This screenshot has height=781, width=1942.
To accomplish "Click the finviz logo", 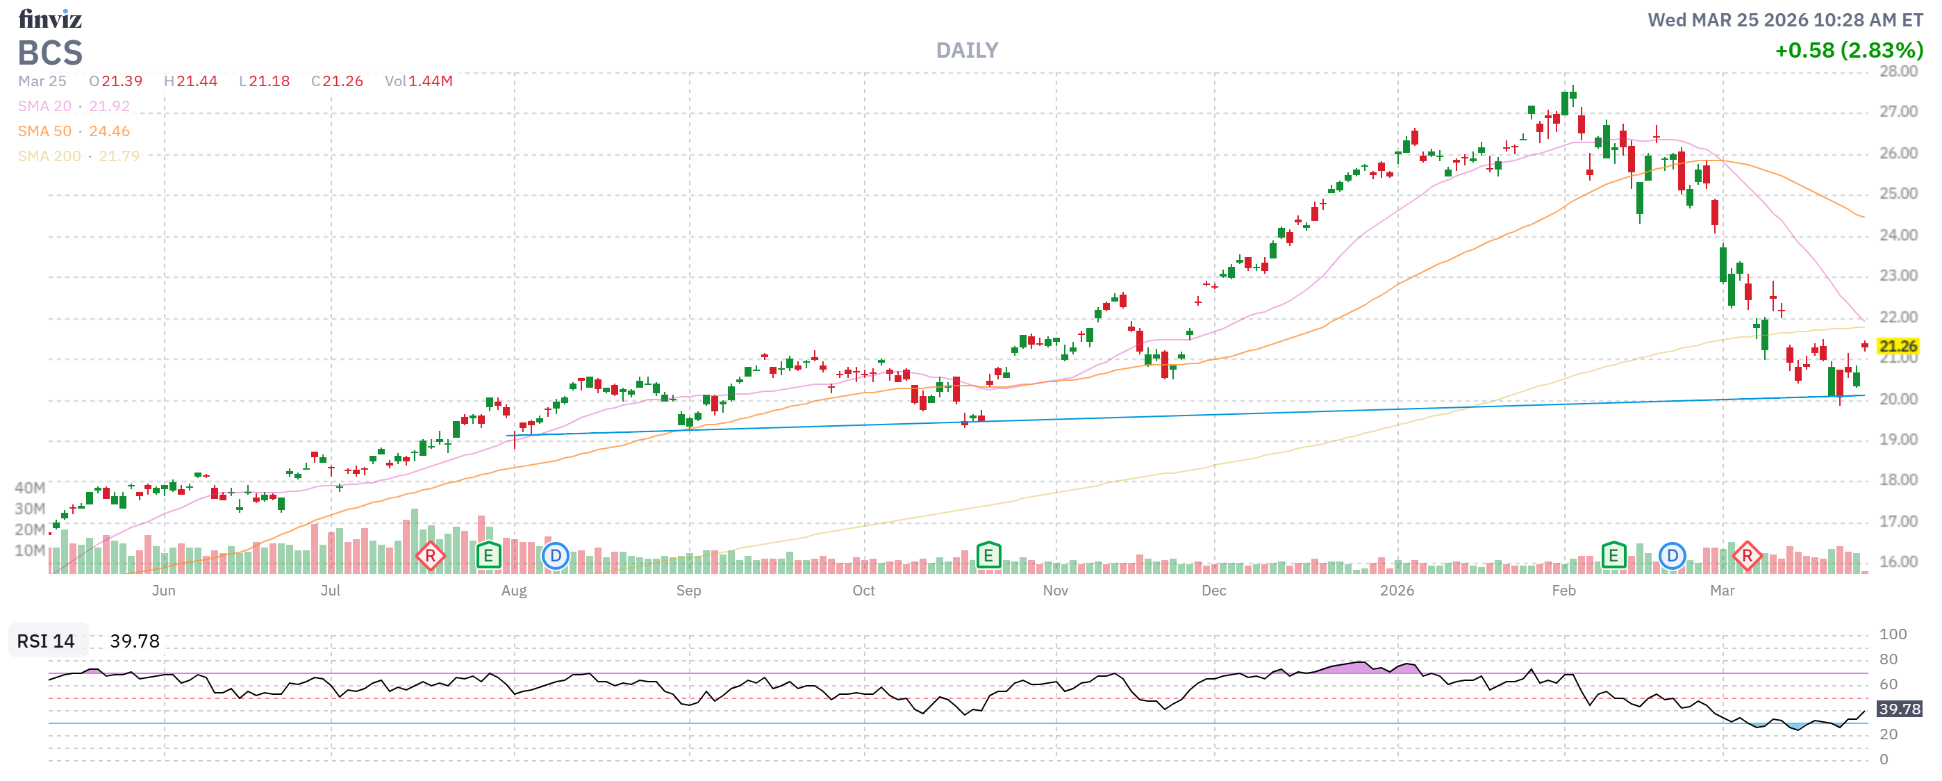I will click(50, 18).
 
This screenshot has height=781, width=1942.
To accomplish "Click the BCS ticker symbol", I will click(50, 53).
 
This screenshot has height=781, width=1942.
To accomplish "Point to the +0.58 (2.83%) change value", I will click(1848, 51).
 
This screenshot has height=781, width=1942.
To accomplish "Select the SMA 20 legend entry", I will click(73, 106).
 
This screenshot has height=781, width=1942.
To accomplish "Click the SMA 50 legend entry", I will click(73, 131).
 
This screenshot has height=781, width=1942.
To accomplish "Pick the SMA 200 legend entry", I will click(78, 156).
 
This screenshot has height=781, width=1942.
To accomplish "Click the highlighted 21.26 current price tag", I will click(1897, 346).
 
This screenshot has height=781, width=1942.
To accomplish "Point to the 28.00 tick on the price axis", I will click(1898, 72).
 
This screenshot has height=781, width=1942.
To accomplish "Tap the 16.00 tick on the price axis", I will click(1898, 561).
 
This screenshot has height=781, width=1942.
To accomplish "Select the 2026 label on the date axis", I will click(1396, 591).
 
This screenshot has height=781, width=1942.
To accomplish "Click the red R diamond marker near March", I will click(1746, 557).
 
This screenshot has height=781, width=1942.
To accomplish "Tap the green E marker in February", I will click(1613, 557).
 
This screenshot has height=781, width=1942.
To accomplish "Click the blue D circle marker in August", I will click(555, 557).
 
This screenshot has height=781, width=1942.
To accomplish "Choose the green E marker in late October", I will click(988, 557).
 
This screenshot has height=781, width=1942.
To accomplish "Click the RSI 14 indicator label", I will click(46, 641).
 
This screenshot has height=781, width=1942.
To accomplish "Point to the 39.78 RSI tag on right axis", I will click(1898, 709).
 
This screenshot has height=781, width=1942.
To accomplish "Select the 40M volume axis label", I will click(29, 488).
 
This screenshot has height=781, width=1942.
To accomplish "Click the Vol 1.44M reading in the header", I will click(418, 81).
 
